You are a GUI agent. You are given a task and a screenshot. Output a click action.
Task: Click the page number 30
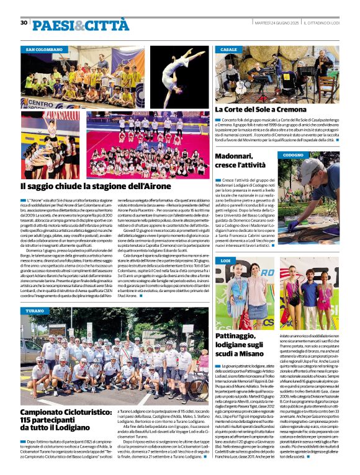coord(24,23)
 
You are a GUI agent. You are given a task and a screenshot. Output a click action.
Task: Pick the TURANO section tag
coord(37,310)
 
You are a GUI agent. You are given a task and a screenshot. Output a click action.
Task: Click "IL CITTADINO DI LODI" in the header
coord(323,23)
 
